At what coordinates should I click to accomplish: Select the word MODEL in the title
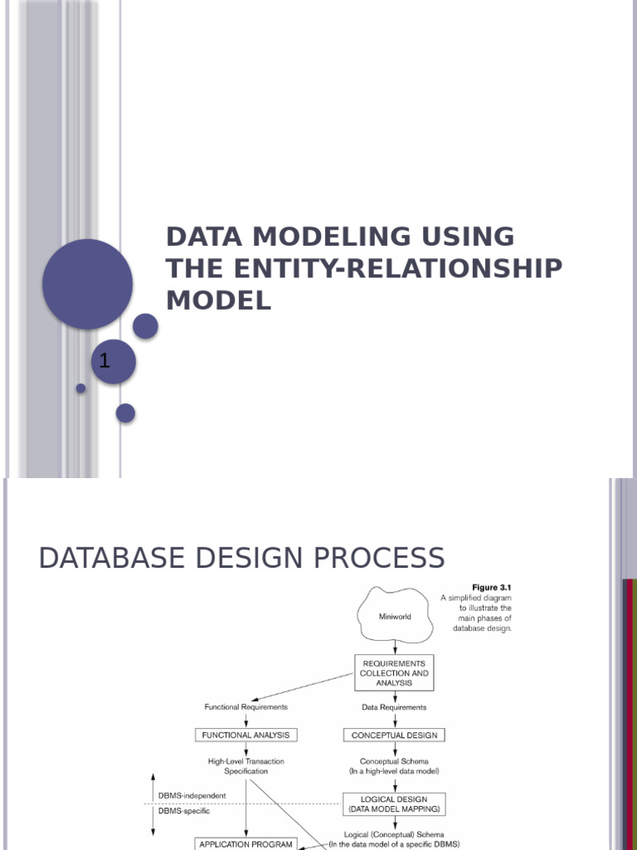click(x=218, y=300)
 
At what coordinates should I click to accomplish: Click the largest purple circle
click(x=87, y=284)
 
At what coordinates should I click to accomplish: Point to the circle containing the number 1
click(x=113, y=362)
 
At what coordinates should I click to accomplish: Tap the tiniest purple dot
click(x=80, y=388)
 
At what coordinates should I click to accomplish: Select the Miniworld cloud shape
click(x=395, y=617)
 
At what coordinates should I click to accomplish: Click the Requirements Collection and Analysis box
click(x=394, y=673)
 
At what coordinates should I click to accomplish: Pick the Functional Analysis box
click(x=246, y=735)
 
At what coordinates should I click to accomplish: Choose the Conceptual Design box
click(x=394, y=735)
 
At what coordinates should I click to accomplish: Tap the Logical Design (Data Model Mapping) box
click(x=394, y=803)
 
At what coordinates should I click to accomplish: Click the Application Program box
click(x=246, y=843)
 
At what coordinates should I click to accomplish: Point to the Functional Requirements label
click(x=246, y=707)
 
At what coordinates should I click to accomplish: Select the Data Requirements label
click(x=394, y=707)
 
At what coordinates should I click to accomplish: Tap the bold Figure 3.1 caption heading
click(x=493, y=587)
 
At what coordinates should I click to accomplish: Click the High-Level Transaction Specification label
click(x=246, y=765)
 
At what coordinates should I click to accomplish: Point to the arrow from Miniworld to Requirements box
click(x=395, y=647)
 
